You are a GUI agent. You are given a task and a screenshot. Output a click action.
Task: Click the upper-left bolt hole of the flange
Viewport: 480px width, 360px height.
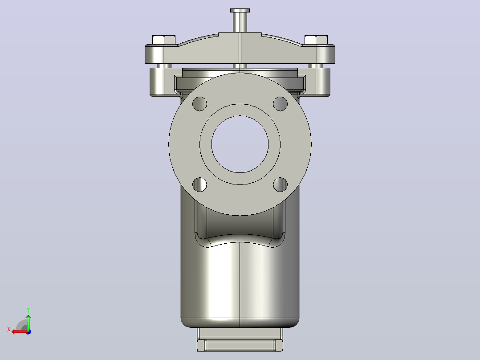pyautogui.click(x=199, y=104)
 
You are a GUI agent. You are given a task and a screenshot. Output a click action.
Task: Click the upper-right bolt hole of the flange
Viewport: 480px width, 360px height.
pyautogui.click(x=280, y=104)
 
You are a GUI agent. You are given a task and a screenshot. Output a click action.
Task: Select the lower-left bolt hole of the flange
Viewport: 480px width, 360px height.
pyautogui.click(x=199, y=184)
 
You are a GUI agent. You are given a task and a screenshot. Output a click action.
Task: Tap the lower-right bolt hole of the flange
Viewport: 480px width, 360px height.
pyautogui.click(x=280, y=184)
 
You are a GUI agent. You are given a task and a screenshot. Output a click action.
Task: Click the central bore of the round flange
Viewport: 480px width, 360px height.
pyautogui.click(x=240, y=144)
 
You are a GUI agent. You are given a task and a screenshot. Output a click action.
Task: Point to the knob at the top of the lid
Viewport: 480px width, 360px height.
pyautogui.click(x=240, y=20)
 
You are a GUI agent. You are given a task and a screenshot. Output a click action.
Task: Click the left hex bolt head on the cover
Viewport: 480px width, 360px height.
pyautogui.click(x=164, y=40)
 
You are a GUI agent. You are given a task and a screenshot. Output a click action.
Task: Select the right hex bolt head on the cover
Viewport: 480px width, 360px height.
pyautogui.click(x=316, y=40)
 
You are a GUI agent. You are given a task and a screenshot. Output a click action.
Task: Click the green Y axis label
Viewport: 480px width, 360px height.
pyautogui.click(x=28, y=310)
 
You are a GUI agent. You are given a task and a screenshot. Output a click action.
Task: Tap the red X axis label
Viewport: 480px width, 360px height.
pyautogui.click(x=9, y=329)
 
